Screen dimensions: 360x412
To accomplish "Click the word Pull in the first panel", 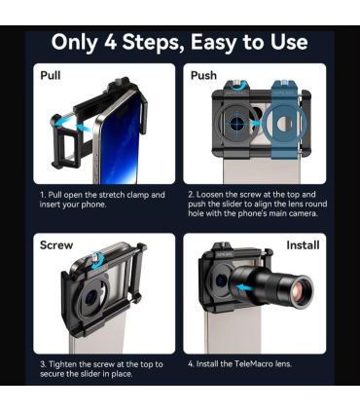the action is click(51, 75).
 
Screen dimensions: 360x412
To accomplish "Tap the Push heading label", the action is click(203, 75).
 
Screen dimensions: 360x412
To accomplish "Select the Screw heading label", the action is click(56, 245).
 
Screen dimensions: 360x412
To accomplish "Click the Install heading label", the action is click(303, 245).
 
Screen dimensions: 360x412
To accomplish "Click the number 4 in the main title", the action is click(110, 42).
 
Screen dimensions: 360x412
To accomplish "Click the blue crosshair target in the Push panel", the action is click(237, 123).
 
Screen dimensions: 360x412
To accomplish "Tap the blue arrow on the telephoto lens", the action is click(245, 287).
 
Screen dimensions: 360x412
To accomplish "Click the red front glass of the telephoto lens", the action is click(301, 291).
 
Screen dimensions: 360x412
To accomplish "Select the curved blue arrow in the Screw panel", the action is click(97, 261).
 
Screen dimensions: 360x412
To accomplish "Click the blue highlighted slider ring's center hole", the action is click(284, 124).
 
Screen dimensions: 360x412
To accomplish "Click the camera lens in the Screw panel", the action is click(91, 298).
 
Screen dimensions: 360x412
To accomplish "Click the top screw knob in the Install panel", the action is click(224, 244).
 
